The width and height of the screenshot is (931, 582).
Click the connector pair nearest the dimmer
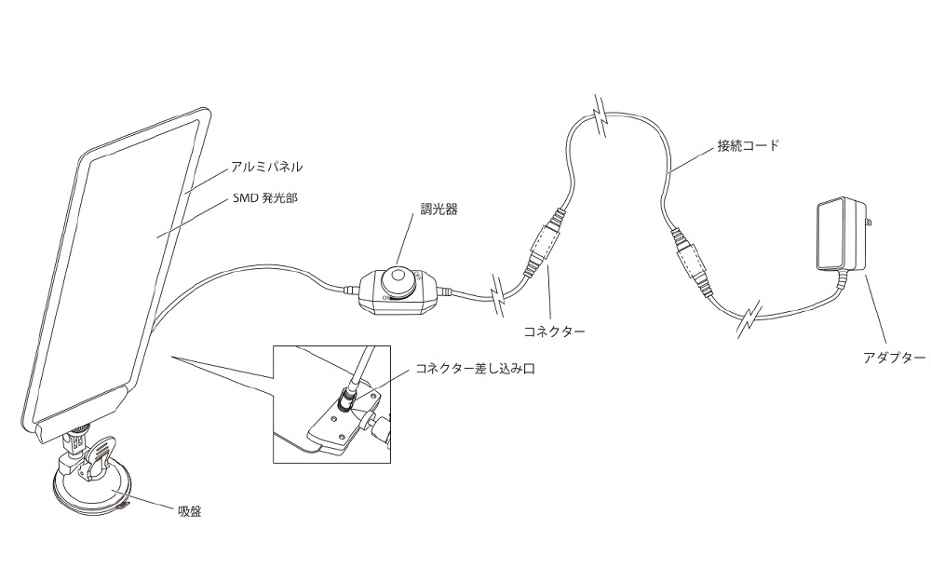coord(543,243)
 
